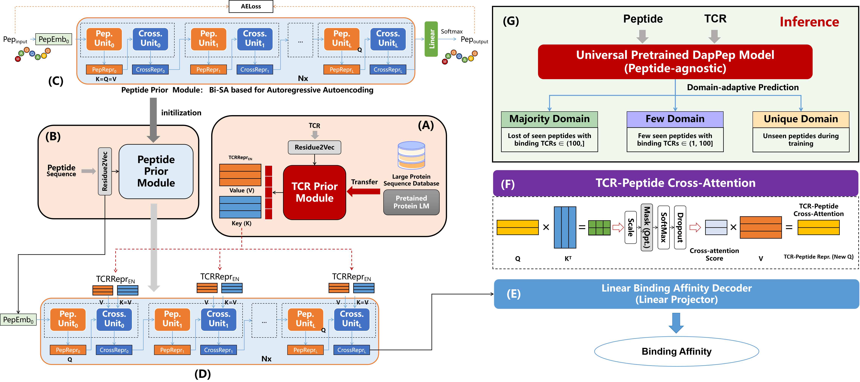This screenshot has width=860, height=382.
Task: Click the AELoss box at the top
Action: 251,6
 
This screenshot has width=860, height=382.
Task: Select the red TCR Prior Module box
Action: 314,192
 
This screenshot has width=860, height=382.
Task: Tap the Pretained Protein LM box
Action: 411,202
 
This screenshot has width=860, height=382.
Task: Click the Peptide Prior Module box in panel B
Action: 156,171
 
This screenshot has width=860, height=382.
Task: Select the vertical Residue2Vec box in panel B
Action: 105,171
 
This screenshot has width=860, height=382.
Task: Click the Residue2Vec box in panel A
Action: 314,147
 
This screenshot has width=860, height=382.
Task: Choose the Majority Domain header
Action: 550,119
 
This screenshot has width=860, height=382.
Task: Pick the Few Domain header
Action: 675,119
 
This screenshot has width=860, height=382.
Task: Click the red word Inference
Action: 809,22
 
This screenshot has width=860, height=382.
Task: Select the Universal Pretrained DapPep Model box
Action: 675,62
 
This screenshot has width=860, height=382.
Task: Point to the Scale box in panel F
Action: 631,227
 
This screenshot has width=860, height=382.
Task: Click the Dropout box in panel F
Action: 680,227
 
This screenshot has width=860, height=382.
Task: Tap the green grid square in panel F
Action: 599,227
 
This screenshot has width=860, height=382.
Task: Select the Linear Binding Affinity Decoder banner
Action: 676,294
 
